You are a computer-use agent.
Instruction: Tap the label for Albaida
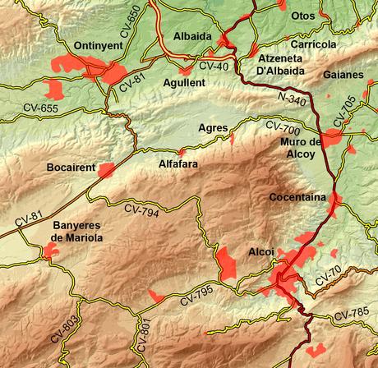[192, 36]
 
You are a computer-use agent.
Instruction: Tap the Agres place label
[214, 127]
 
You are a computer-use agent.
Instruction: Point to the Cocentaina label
[297, 198]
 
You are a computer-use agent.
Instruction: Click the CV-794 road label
[141, 209]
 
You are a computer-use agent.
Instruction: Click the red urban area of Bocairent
[106, 170]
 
